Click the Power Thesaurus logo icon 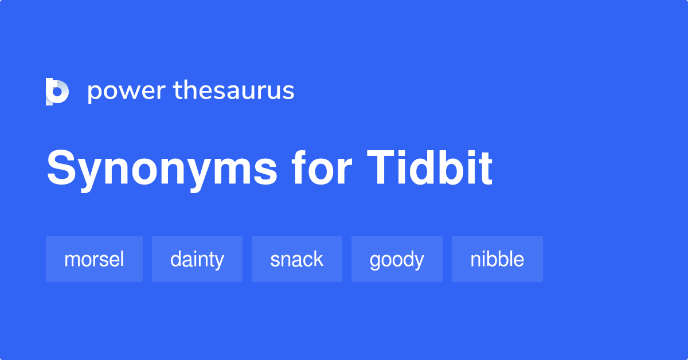(57, 92)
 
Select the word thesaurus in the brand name (234, 91)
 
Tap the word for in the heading (321, 169)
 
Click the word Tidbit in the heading (430, 169)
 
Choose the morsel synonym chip (94, 259)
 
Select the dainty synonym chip (197, 259)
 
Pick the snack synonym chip (296, 259)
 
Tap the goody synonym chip (397, 259)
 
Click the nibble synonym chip (497, 259)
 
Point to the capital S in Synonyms (61, 169)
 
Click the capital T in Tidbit (383, 169)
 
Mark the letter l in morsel (122, 259)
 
